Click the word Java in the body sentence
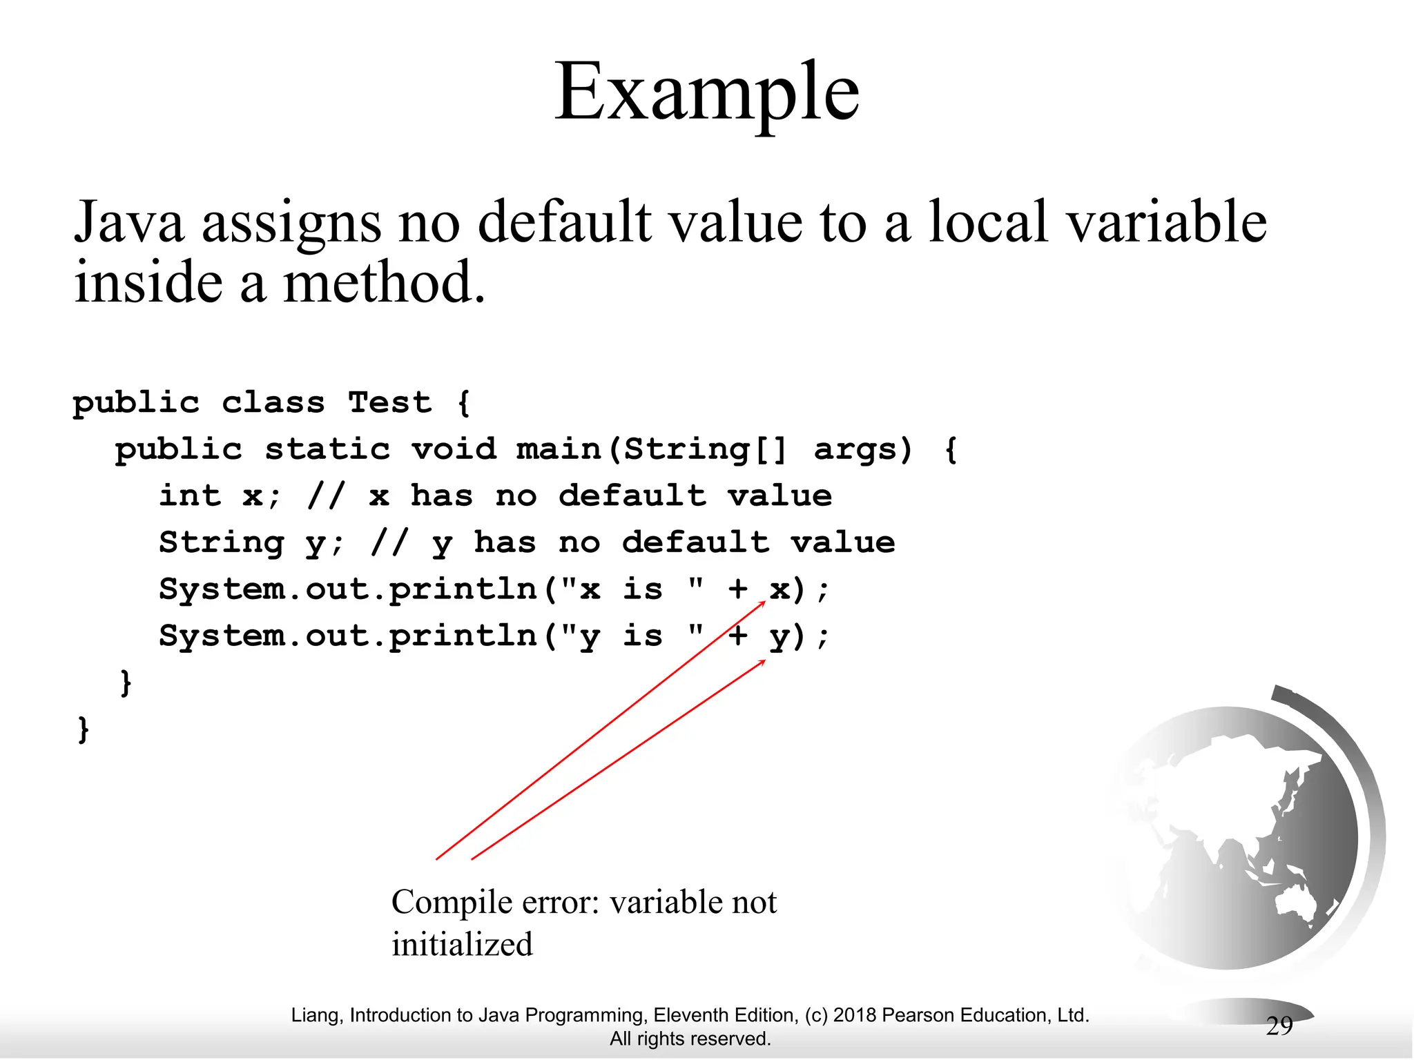[129, 222]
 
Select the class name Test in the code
[389, 402]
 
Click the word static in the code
[327, 449]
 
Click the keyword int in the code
[190, 495]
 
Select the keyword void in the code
[454, 449]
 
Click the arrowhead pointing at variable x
[762, 604]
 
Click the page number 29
[1279, 1026]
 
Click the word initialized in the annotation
[462, 944]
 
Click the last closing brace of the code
[84, 729]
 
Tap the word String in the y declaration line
[221, 542]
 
